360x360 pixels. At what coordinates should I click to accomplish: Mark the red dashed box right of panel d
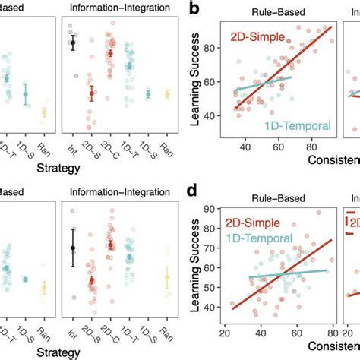(x=352, y=221)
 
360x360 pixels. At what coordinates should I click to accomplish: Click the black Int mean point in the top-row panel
(x=73, y=43)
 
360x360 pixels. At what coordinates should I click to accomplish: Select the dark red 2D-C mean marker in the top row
(x=110, y=54)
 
